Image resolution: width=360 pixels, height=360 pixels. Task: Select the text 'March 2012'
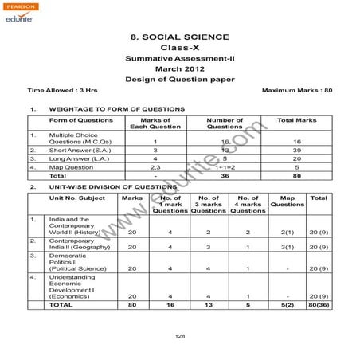click(179, 69)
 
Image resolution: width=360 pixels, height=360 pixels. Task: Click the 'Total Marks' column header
click(296, 119)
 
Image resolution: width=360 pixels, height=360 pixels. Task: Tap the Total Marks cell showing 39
click(296, 149)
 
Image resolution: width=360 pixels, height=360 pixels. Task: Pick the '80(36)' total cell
click(318, 304)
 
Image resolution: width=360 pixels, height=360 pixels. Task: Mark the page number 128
click(180, 337)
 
